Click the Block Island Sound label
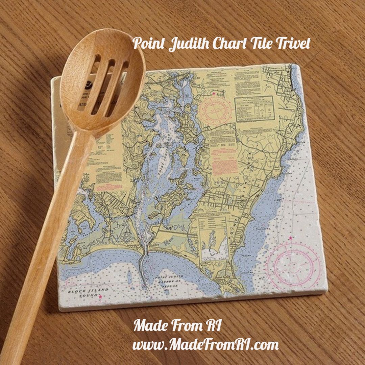[x=88, y=292]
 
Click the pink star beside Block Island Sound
[x=100, y=296]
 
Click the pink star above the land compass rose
[x=214, y=93]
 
